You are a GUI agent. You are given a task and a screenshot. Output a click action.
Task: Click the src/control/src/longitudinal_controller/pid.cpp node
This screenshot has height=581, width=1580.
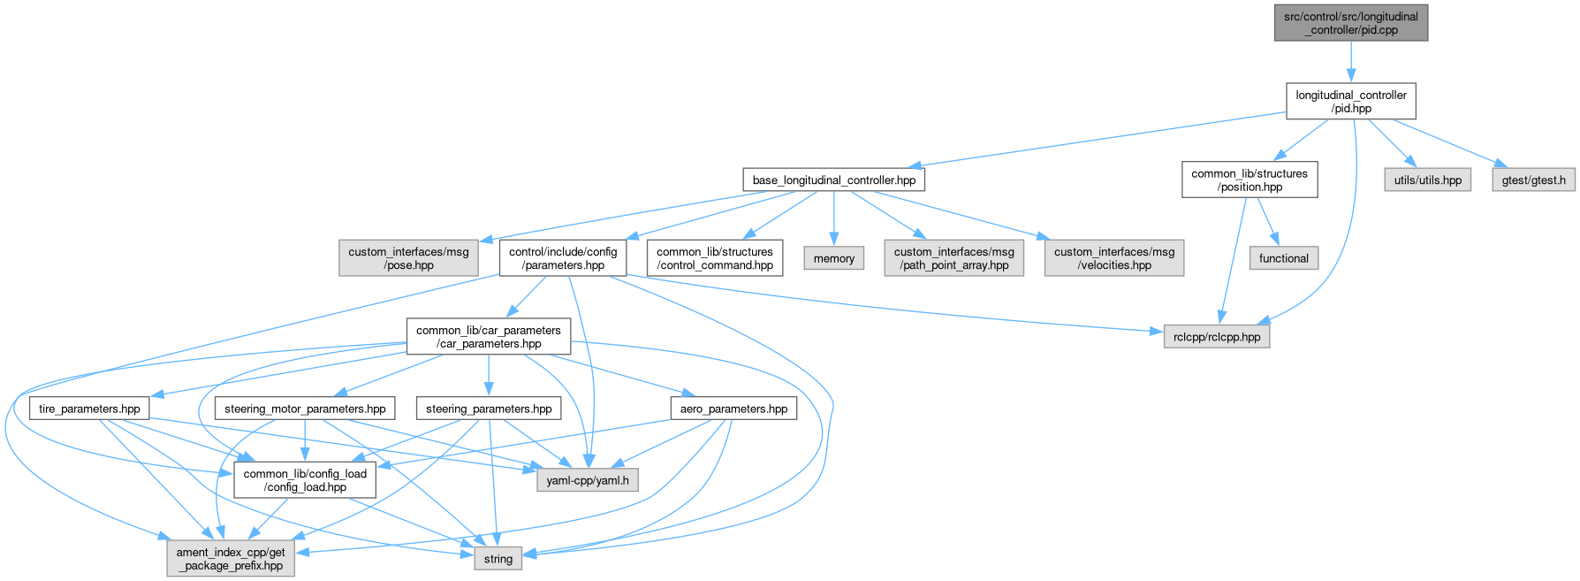pyautogui.click(x=1350, y=23)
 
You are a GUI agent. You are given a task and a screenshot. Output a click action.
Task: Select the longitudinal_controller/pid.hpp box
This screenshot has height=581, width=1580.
pyautogui.click(x=1350, y=102)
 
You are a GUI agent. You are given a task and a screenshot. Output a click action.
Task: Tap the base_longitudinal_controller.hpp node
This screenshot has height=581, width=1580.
pyautogui.click(x=834, y=180)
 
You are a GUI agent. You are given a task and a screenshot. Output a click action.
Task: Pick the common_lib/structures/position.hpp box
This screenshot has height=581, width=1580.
pyautogui.click(x=1250, y=180)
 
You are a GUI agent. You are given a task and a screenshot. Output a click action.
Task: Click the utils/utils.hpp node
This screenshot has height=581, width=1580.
pyautogui.click(x=1427, y=180)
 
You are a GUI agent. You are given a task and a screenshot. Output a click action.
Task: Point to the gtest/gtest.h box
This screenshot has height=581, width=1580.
pyautogui.click(x=1533, y=180)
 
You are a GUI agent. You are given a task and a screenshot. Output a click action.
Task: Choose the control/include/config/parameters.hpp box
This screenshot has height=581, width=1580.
pyautogui.click(x=563, y=258)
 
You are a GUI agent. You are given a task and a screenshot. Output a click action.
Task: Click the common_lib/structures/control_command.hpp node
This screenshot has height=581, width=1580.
pyautogui.click(x=715, y=258)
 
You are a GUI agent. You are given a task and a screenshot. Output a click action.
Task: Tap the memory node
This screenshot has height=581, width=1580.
pyautogui.click(x=834, y=258)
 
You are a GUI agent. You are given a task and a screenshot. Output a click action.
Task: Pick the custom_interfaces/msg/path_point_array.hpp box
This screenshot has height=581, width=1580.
pyautogui.click(x=954, y=258)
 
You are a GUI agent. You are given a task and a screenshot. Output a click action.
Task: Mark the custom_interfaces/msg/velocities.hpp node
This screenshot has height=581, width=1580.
pyautogui.click(x=1113, y=258)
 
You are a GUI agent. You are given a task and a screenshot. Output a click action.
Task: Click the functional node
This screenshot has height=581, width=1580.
pyautogui.click(x=1283, y=258)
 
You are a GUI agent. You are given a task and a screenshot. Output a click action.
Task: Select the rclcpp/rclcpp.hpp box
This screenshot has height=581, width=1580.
pyautogui.click(x=1217, y=337)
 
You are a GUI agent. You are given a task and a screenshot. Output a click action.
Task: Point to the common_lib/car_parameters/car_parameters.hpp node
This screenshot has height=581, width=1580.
pyautogui.click(x=489, y=337)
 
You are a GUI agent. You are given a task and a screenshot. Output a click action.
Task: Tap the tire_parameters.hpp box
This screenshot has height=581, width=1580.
pyautogui.click(x=90, y=409)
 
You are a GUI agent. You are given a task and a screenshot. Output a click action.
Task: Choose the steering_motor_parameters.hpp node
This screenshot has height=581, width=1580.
pyautogui.click(x=305, y=409)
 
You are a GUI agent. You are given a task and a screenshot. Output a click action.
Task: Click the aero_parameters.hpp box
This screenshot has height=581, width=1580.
pyautogui.click(x=733, y=409)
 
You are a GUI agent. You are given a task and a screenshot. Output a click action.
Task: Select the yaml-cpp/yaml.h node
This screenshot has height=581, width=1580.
pyautogui.click(x=588, y=480)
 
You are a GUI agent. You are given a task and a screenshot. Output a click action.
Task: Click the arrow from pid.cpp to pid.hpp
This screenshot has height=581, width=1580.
pyautogui.click(x=1350, y=62)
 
